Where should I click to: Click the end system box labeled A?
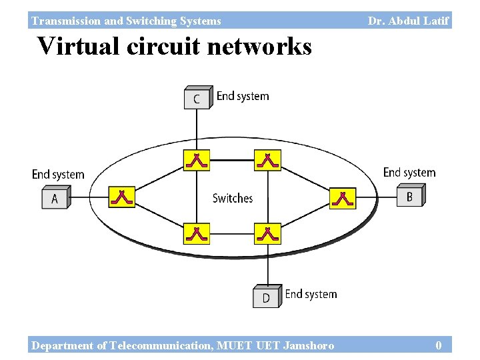[x=55, y=198]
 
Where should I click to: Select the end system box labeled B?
[x=411, y=196]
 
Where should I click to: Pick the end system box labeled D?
[x=267, y=297]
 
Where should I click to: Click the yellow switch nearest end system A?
[x=121, y=197]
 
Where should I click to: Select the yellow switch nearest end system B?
[x=343, y=198]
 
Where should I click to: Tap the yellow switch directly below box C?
[x=196, y=160]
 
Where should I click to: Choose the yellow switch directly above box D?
[x=267, y=233]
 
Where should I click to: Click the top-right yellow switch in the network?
[x=267, y=160]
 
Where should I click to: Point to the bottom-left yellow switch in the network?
[x=196, y=233]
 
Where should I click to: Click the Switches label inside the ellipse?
[x=233, y=198]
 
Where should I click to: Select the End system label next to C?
[x=243, y=96]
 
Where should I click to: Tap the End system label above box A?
[x=58, y=175]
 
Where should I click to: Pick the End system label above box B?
[x=409, y=173]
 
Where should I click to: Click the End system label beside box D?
[x=311, y=294]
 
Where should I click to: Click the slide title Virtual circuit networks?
[x=174, y=47]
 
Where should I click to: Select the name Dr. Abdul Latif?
[x=408, y=21]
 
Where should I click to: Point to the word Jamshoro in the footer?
[x=309, y=345]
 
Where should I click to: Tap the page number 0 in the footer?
[x=438, y=345]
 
